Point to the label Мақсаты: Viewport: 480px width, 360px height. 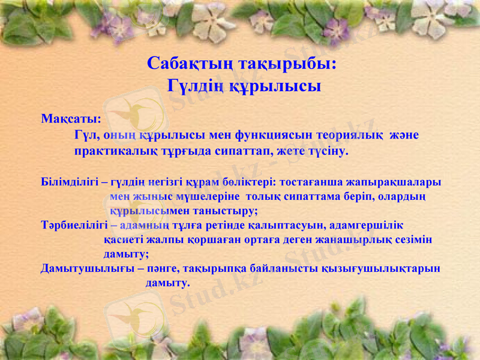(71, 118)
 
